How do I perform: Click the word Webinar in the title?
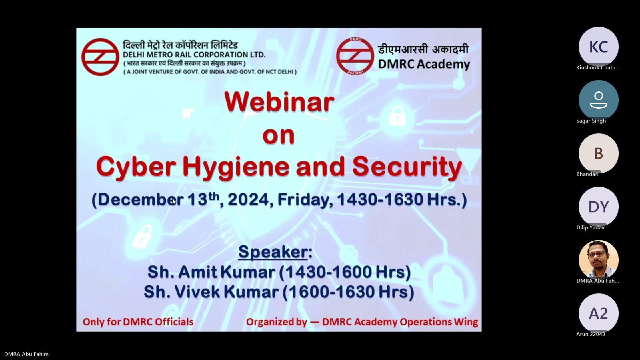(x=279, y=102)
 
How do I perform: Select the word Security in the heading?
(x=407, y=168)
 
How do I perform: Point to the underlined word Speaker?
(x=273, y=252)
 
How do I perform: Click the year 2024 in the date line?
(x=248, y=199)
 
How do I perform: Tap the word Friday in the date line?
(x=305, y=200)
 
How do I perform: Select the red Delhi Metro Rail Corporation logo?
(x=100, y=57)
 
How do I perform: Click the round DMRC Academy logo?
(x=355, y=56)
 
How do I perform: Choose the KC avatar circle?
(x=598, y=46)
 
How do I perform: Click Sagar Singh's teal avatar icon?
(x=598, y=100)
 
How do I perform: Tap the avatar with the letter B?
(x=598, y=154)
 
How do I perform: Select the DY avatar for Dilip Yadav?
(x=598, y=206)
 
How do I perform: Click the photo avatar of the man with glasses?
(x=598, y=260)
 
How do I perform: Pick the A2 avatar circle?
(x=598, y=314)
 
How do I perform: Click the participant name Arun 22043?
(x=590, y=334)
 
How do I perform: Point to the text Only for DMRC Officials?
(x=138, y=322)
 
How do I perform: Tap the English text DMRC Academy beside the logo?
(x=424, y=64)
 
